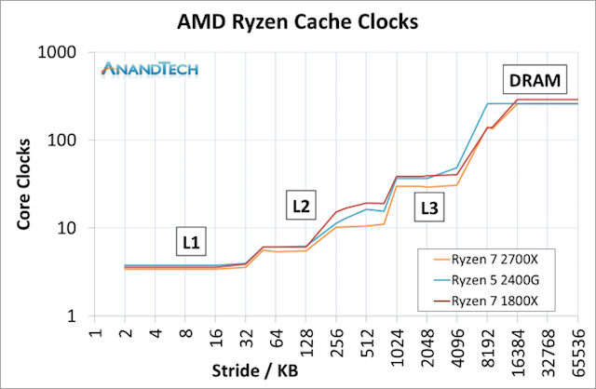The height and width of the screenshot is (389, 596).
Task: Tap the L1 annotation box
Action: (x=192, y=243)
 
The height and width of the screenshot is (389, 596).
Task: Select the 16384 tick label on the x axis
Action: (x=517, y=343)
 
